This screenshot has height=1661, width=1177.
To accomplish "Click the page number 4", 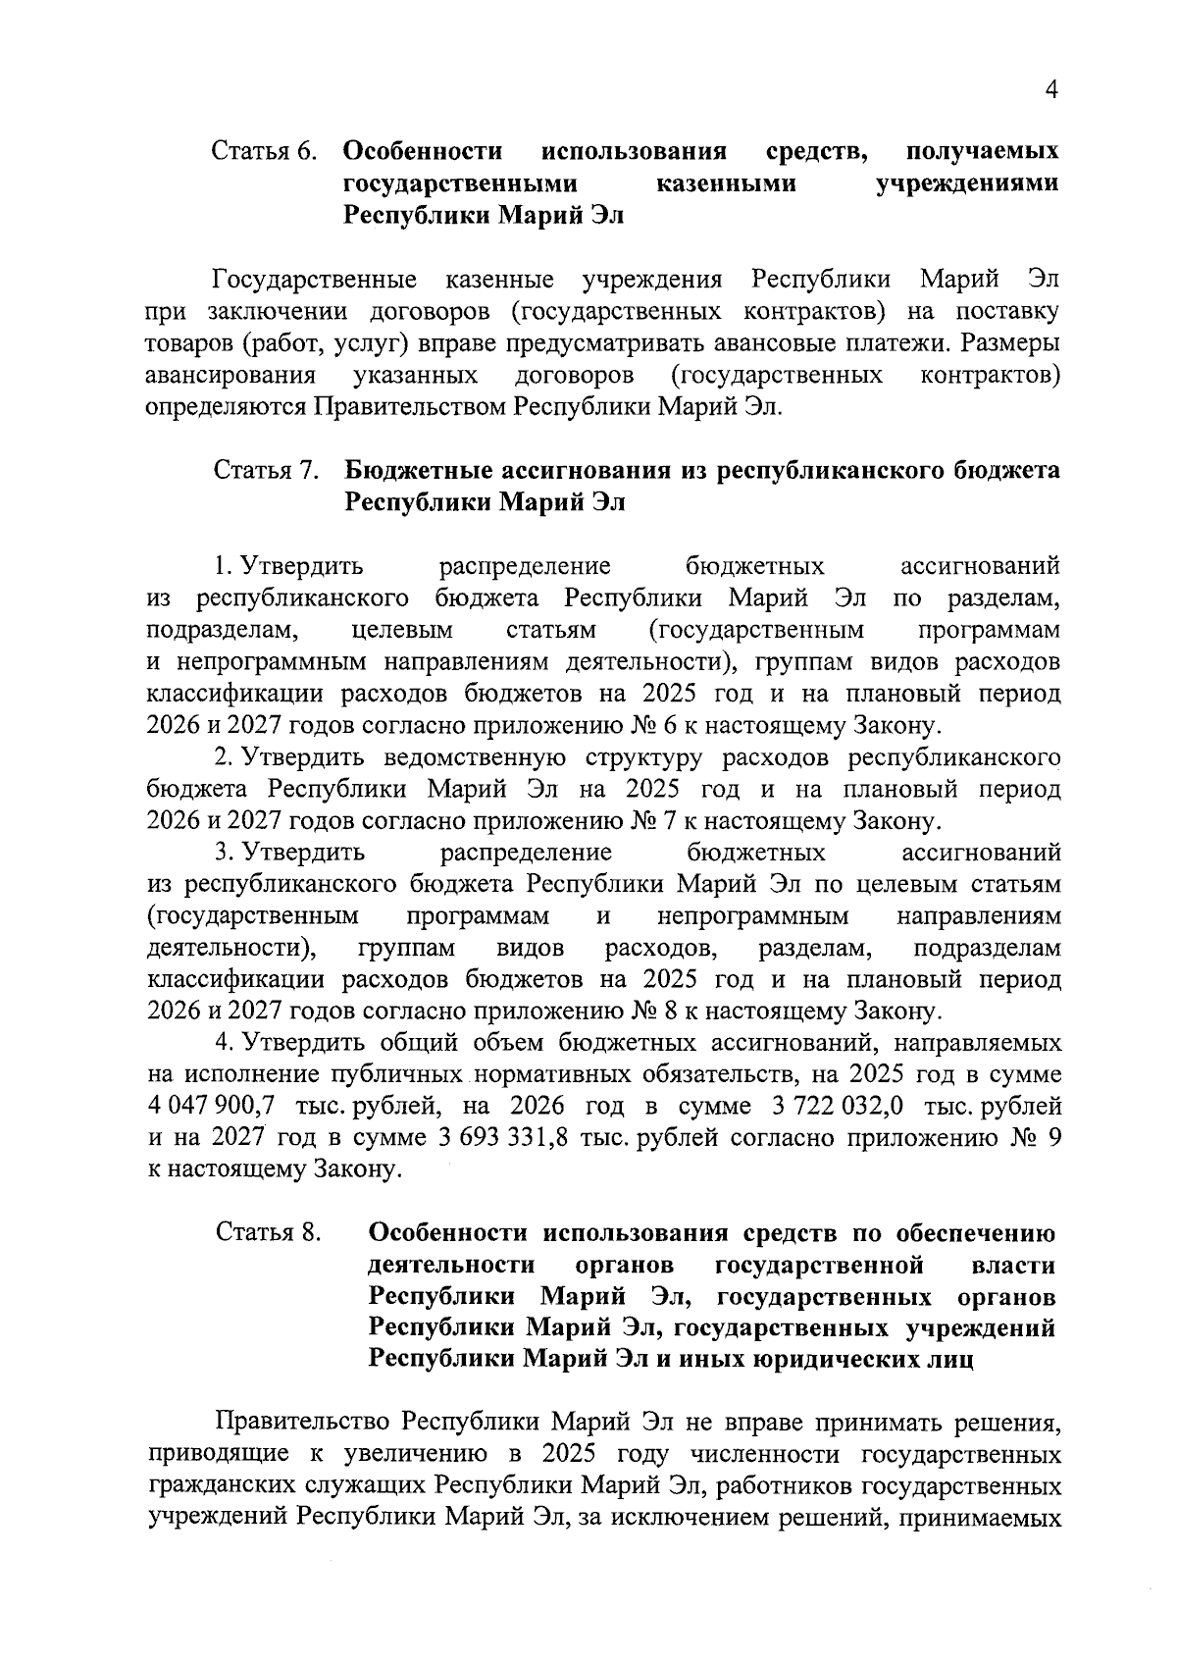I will click(x=1051, y=91).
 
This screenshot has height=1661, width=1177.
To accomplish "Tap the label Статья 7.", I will click(x=267, y=471).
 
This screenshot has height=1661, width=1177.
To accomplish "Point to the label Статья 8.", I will click(x=270, y=1233).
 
